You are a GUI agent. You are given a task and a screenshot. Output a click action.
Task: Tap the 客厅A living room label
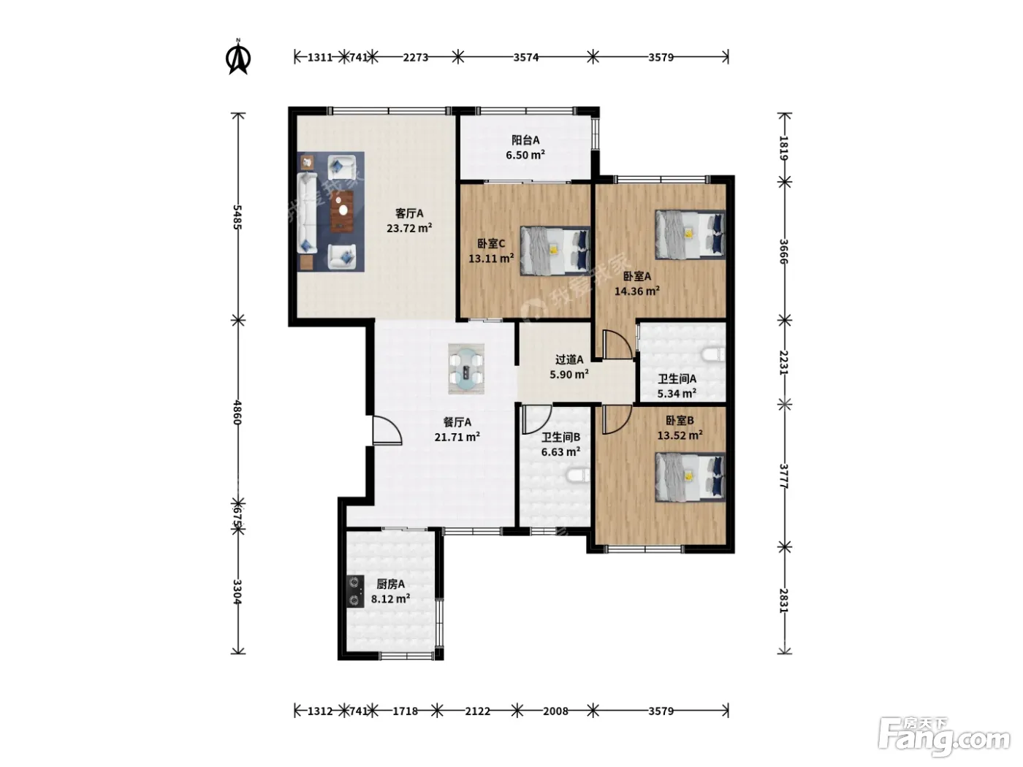pos(408,221)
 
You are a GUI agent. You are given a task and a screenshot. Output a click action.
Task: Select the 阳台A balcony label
pos(525,147)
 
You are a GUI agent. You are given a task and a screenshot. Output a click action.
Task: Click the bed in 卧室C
pos(555,251)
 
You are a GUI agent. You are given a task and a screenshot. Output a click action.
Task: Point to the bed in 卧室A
pos(691,234)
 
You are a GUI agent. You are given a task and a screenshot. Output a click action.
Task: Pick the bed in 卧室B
pos(691,476)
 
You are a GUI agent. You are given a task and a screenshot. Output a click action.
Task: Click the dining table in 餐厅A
pos(466,369)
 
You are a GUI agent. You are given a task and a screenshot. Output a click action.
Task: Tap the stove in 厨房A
pos(355,592)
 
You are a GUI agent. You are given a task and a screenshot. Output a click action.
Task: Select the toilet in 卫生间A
pos(713,355)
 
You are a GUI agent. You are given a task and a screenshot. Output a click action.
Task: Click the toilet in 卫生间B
pos(579,475)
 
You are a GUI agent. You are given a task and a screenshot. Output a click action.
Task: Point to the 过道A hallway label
pos(569,367)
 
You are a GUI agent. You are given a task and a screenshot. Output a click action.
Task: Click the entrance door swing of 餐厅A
pos(387,430)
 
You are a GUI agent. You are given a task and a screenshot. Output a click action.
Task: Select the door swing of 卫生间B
pos(536,419)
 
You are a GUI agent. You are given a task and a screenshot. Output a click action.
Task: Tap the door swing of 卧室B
pos(617,419)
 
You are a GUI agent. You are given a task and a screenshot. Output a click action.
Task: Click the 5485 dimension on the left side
pos(237,217)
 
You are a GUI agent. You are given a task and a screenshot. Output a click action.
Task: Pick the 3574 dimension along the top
pos(525,57)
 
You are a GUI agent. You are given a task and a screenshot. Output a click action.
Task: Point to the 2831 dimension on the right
pos(784,600)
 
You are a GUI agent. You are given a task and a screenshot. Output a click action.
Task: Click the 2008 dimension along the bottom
pos(555,711)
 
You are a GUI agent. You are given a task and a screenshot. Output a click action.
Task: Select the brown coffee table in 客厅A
pos(342,211)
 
